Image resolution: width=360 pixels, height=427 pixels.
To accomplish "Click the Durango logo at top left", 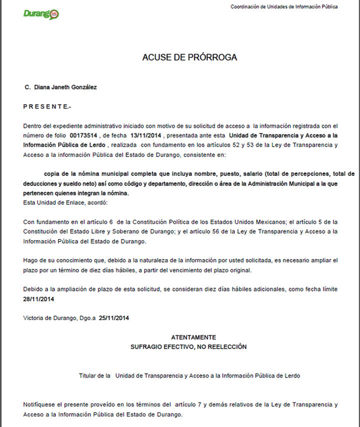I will [x=41, y=13].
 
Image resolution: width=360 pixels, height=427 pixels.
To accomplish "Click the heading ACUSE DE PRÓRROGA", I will [x=189, y=57].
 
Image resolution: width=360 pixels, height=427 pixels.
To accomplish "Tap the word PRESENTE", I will [x=47, y=106].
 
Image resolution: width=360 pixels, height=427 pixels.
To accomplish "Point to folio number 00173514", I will [x=84, y=135].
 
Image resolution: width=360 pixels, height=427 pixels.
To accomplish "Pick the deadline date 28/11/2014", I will [x=38, y=299].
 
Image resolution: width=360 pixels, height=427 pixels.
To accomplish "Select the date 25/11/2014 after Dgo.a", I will [x=114, y=317].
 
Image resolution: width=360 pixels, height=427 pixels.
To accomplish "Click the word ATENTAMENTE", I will [x=193, y=337].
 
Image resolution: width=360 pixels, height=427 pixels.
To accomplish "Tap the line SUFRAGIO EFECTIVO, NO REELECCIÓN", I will [x=188, y=346].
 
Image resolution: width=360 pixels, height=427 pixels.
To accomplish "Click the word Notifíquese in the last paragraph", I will [x=41, y=404].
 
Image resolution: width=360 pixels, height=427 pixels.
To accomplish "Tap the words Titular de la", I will [x=94, y=375].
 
